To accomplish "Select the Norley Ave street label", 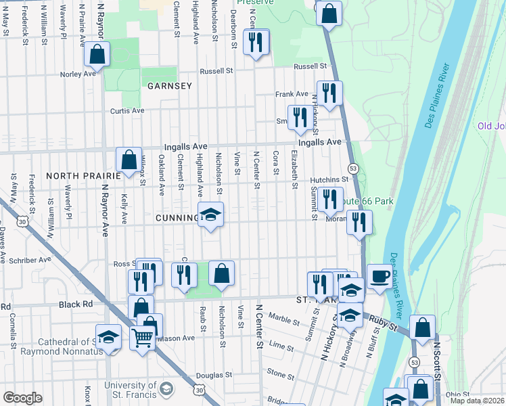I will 78,74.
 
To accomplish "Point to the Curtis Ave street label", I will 128,110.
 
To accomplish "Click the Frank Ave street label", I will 292,95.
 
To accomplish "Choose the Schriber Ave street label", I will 30,259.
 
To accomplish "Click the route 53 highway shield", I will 352,168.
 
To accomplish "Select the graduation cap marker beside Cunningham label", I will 211,215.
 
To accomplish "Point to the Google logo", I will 22,398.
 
